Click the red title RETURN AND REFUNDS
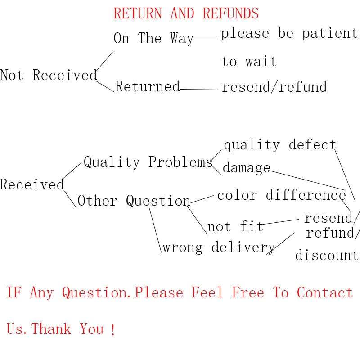[186, 13]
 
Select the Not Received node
[48, 75]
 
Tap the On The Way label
[153, 38]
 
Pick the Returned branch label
[148, 86]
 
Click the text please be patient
[289, 34]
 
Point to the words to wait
[249, 61]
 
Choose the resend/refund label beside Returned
[274, 86]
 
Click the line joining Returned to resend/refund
[198, 89]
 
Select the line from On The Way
[205, 39]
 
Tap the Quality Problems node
[148, 162]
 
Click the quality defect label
[279, 144]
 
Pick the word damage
[246, 168]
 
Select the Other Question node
[134, 201]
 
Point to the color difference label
[281, 195]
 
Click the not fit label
[235, 226]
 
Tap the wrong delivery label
[219, 247]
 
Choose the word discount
[327, 255]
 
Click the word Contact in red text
[324, 292]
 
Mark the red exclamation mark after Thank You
[112, 330]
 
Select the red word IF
[13, 292]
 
